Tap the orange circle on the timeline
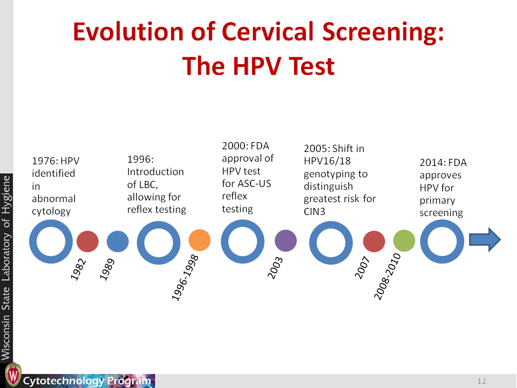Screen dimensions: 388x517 pos(199,240)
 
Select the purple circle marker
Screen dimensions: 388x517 pos(286,240)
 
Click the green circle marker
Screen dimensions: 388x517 pos(404,241)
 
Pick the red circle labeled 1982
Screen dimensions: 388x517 pos(87,241)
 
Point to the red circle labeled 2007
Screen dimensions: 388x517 pos(374,241)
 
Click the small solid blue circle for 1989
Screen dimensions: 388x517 pos(117,241)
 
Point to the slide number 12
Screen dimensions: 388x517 pos(481,381)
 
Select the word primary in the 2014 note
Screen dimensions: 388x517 pos(437,200)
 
